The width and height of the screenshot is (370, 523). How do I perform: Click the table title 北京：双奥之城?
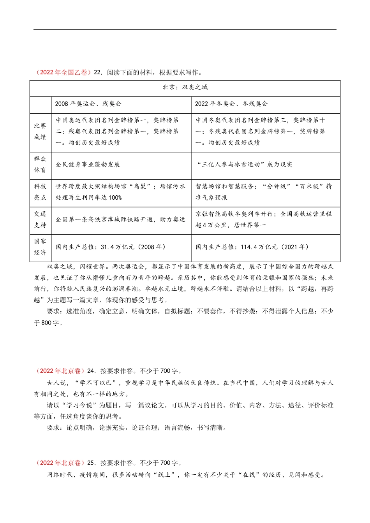click(x=185, y=87)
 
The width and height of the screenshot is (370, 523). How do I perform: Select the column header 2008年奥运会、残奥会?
click(x=88, y=104)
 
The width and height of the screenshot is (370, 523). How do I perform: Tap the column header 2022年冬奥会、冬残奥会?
click(x=231, y=104)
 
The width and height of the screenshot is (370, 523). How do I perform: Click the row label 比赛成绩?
click(x=40, y=132)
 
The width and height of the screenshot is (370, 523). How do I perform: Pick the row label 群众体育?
click(x=40, y=165)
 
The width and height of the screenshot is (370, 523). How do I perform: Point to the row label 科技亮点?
click(x=40, y=192)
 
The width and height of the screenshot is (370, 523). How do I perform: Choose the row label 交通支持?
click(x=40, y=219)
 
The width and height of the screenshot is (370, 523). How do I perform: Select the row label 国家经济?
click(x=40, y=247)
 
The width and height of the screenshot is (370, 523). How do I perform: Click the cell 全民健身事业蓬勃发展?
click(x=88, y=165)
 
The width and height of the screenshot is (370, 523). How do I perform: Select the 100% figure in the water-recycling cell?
click(x=115, y=198)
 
